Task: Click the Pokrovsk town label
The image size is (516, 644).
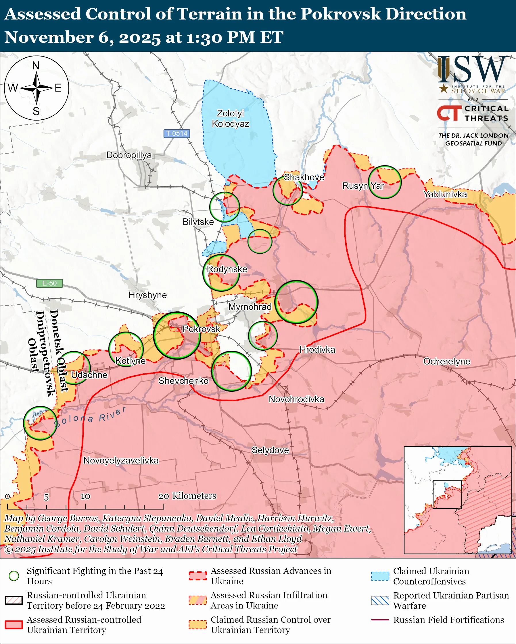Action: point(201,329)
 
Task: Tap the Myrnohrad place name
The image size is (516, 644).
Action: point(250,307)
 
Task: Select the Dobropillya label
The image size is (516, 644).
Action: point(129,155)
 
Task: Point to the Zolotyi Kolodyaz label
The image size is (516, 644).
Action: point(230,118)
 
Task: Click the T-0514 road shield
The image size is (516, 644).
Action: point(177,133)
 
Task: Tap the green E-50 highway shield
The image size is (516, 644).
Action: point(49,283)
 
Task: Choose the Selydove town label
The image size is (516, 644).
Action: point(270,450)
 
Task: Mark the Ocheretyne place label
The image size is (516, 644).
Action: point(447,361)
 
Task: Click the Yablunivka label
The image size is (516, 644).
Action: point(445,194)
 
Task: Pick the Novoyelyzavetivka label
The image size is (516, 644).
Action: point(121,460)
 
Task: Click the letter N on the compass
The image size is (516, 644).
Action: point(36,65)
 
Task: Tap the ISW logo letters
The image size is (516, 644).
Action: point(473,69)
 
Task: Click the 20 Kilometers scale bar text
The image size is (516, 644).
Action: point(187,496)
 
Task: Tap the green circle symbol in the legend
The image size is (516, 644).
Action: point(14,576)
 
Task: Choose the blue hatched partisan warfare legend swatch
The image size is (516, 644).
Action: point(380,600)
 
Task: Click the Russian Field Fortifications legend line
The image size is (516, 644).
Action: point(380,620)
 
